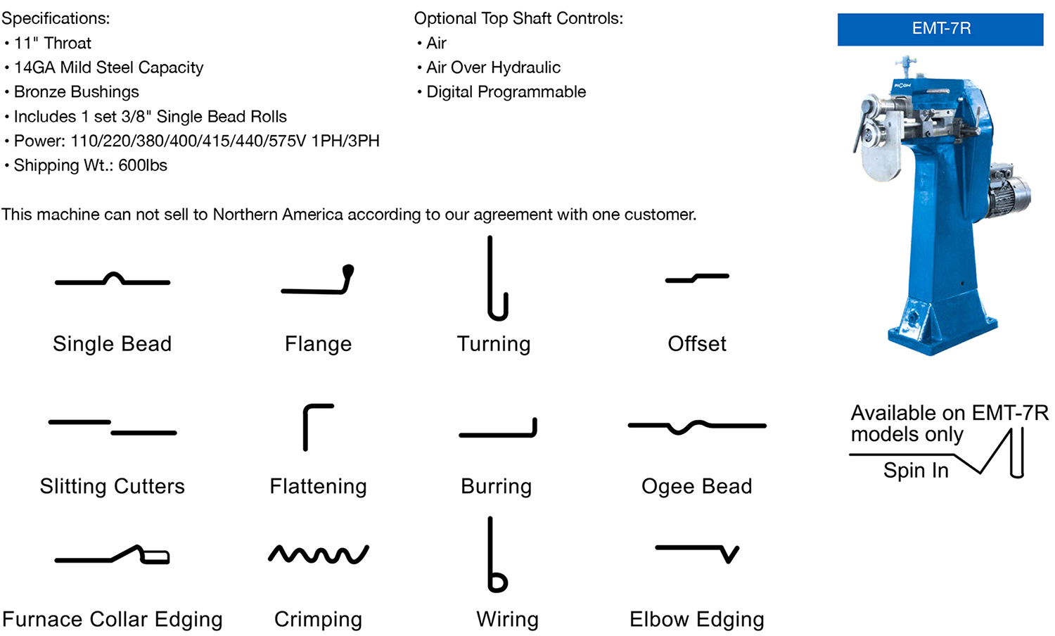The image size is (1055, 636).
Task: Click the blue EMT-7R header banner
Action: [x=940, y=29]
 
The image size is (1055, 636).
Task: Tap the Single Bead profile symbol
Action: [x=113, y=280]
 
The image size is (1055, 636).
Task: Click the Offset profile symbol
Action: [x=697, y=278]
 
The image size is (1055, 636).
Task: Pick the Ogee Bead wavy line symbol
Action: [x=696, y=426]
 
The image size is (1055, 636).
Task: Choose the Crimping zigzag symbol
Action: [x=318, y=554]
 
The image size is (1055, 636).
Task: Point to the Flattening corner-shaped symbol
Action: [x=316, y=426]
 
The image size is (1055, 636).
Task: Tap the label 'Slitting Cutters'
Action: [x=113, y=486]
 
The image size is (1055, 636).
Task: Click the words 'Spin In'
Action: [x=916, y=471]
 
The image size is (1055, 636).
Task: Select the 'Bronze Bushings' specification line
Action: [x=76, y=92]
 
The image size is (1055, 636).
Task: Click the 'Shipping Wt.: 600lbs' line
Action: [x=90, y=165]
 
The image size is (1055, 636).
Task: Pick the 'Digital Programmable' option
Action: [x=506, y=92]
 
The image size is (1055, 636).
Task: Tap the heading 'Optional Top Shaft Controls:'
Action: [x=518, y=18]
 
